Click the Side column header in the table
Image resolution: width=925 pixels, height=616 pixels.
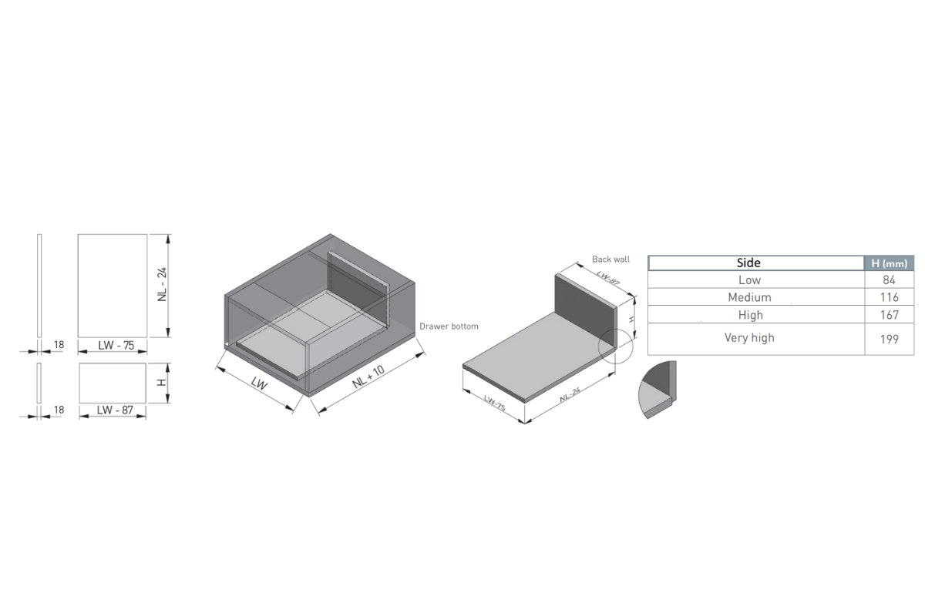748,263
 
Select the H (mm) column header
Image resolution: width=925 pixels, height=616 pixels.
889,263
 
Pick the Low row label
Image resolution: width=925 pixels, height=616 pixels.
749,280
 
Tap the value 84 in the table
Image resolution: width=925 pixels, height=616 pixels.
889,280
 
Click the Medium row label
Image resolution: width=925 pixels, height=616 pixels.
749,297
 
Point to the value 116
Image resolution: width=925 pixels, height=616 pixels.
889,297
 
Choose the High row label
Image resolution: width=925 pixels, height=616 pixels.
750,315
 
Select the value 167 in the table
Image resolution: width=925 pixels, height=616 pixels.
889,315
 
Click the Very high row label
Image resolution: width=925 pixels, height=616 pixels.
749,338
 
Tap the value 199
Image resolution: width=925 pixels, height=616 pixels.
889,339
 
